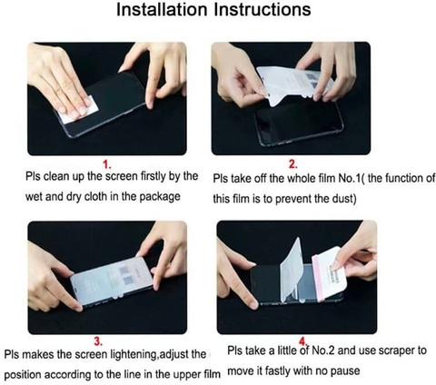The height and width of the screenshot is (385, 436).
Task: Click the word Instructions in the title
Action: (263, 10)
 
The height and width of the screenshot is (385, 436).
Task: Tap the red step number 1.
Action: (107, 164)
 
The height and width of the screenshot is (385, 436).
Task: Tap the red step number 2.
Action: (292, 164)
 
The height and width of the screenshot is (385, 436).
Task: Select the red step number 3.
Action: (98, 341)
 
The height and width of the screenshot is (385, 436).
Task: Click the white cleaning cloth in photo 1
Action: (79, 110)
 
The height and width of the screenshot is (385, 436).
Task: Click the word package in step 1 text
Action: (160, 197)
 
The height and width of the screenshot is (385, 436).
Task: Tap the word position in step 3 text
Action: (24, 375)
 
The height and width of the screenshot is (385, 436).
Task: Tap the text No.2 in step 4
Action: (323, 350)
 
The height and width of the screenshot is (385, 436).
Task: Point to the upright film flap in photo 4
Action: (292, 270)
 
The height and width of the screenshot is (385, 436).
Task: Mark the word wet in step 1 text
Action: (34, 197)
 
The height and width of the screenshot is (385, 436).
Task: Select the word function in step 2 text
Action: (404, 178)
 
